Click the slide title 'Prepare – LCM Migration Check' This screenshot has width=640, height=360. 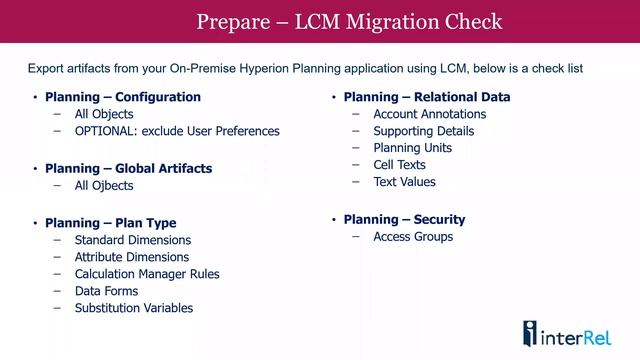pos(349,21)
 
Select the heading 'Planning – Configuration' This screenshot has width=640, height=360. pos(123,97)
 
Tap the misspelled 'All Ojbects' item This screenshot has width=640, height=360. pos(104,185)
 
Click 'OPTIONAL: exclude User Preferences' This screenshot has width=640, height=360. pos(177,131)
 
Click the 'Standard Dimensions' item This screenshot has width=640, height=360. pos(133,240)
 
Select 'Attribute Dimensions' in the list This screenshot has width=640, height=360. pos(132,257)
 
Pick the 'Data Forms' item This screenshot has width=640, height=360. pos(106,291)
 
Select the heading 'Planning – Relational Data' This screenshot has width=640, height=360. pos(427,97)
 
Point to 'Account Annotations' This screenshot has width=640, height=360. pos(430,114)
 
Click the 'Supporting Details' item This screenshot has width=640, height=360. pos(424,131)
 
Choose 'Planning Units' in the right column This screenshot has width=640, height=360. pos(412,148)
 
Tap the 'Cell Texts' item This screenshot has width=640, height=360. pos(399,165)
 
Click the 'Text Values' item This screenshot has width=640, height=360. pos(404,182)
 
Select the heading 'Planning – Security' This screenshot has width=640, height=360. pos(404,219)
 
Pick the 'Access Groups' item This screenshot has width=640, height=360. pos(413,237)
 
